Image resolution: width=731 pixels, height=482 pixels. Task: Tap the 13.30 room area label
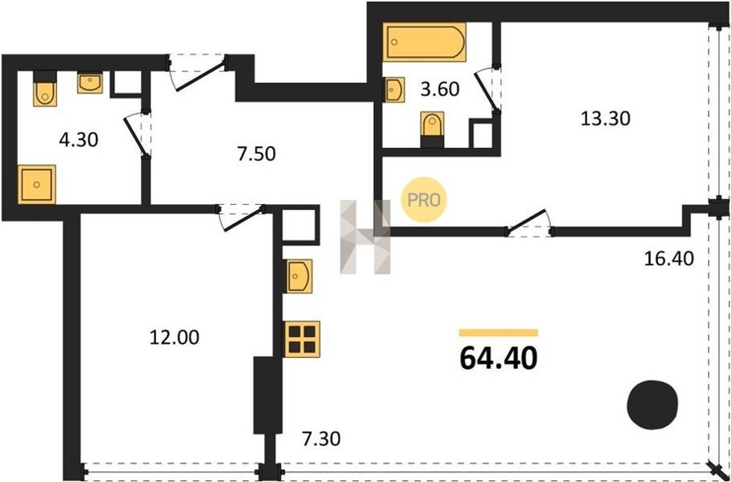605,119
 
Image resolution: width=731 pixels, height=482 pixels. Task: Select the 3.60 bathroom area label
439,89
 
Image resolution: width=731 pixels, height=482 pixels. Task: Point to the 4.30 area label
79,140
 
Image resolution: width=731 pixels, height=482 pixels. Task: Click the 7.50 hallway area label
257,154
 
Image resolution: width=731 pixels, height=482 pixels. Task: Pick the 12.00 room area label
174,337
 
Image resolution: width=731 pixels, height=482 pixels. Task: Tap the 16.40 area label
669,258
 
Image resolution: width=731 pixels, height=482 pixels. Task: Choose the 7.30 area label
321,439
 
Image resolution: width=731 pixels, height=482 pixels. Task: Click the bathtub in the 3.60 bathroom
424,42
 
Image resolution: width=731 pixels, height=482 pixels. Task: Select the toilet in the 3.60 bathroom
433,129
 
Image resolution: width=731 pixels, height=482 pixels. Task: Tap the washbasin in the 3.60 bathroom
395,89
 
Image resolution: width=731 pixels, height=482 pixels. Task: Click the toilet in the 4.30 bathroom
45,89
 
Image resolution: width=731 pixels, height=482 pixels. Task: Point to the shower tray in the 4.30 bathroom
37,185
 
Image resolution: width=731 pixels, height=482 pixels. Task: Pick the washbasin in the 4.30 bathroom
90,84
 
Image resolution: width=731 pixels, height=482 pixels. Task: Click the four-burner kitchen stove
303,339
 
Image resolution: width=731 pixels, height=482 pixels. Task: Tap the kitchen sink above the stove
298,276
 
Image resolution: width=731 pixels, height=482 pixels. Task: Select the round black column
652,405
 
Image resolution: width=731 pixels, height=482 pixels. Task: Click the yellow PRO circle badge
424,200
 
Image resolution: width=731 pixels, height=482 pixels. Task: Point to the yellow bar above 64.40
499,332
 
